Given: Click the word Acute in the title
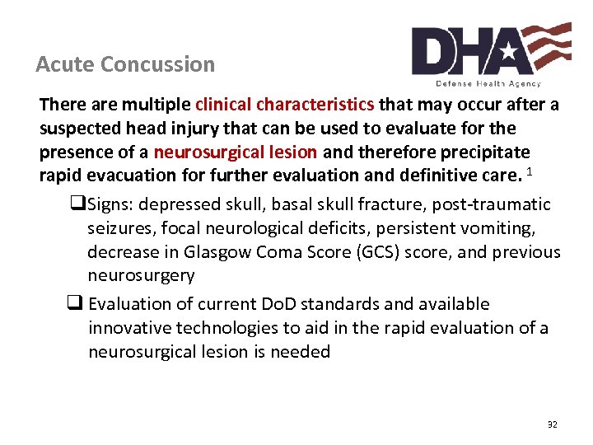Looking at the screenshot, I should tap(63, 64).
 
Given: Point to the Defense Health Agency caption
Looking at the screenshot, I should tap(488, 83).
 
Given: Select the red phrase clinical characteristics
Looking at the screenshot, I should tap(285, 105).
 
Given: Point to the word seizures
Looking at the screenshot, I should tap(118, 228).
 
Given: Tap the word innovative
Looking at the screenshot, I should tap(130, 328).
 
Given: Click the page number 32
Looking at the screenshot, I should tap(552, 424).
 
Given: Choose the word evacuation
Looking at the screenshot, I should tap(125, 175).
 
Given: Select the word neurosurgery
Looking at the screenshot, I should tap(141, 275).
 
